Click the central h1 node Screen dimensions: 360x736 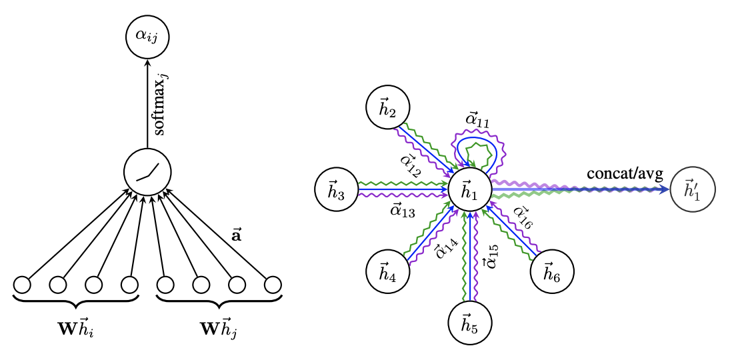(x=469, y=191)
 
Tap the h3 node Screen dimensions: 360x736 (x=337, y=191)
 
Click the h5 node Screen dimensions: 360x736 (x=469, y=324)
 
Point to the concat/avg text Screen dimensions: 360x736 (x=625, y=174)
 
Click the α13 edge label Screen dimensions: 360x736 (x=402, y=212)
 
